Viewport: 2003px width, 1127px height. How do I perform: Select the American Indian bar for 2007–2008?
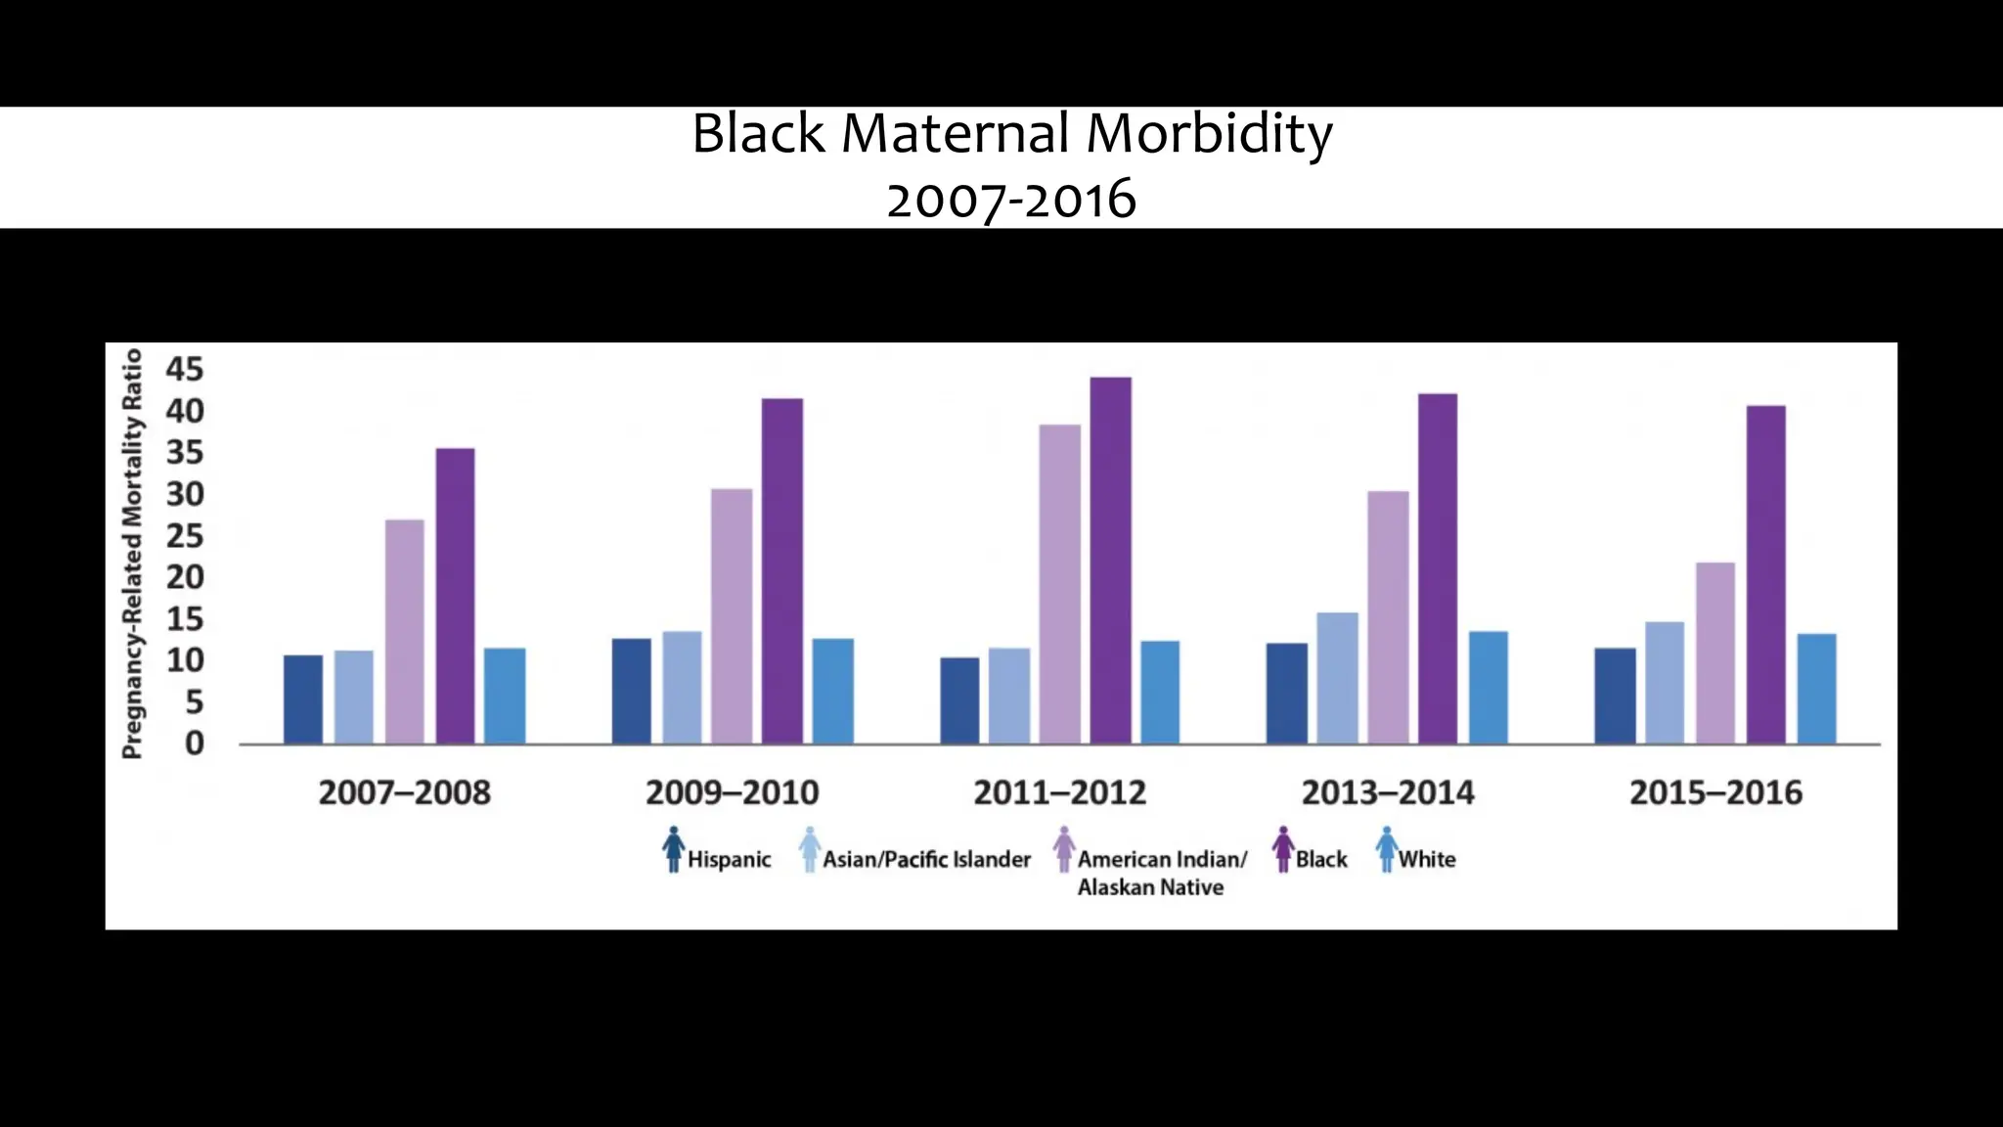405,631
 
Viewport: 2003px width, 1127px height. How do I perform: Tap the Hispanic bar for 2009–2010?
632,691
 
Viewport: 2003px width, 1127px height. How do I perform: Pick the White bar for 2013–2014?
1488,687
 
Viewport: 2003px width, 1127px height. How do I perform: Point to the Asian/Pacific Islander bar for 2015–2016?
1665,682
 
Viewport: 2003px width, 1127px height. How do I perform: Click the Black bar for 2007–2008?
456,596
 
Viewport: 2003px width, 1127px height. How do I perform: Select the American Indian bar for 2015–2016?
1715,653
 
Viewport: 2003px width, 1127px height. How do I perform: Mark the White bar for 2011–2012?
1160,692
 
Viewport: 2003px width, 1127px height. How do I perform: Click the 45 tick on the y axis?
185,370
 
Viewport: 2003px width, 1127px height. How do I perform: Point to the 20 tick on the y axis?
185,577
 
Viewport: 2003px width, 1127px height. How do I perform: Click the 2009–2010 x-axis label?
732,792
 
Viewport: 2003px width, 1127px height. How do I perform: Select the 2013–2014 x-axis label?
1388,792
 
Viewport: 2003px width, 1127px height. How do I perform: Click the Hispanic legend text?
729,860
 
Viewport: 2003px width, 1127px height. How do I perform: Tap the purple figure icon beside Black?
1283,849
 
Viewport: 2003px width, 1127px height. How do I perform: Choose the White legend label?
1426,860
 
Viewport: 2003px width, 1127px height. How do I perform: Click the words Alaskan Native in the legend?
1150,888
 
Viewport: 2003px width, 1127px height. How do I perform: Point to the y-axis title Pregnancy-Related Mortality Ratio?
132,554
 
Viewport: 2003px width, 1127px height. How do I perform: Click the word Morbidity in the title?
1209,134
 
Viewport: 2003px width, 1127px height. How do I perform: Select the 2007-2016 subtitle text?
1011,201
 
